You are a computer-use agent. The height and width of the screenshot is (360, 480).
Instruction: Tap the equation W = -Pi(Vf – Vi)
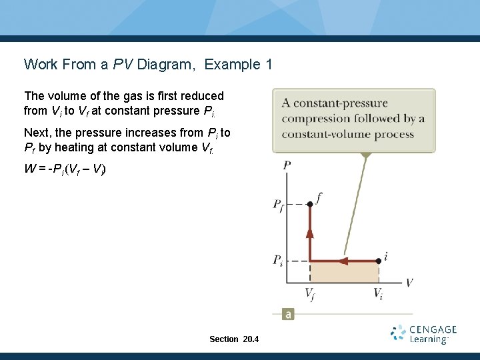(x=65, y=169)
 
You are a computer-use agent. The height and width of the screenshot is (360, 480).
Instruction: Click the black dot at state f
(x=310, y=204)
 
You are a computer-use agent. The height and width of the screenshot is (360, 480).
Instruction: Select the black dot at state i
(x=379, y=261)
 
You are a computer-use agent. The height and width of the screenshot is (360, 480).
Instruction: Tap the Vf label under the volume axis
(x=310, y=293)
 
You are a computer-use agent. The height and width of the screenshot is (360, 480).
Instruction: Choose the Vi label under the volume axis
(x=377, y=293)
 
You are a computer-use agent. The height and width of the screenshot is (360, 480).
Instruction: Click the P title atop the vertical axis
(x=287, y=165)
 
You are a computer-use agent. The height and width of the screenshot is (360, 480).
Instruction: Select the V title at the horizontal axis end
(x=409, y=283)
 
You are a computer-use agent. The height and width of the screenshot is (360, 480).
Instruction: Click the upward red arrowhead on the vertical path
(x=310, y=232)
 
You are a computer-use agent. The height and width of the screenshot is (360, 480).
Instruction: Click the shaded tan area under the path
(x=344, y=272)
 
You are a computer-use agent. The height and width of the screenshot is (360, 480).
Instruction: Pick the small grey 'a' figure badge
(x=288, y=314)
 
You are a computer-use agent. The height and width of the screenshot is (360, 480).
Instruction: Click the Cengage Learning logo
(x=424, y=334)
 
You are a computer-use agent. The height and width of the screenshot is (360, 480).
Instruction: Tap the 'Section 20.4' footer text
(x=233, y=339)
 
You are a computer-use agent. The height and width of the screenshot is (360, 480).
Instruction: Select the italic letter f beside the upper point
(x=319, y=197)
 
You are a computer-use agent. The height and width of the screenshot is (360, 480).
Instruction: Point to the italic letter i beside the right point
(x=386, y=256)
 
